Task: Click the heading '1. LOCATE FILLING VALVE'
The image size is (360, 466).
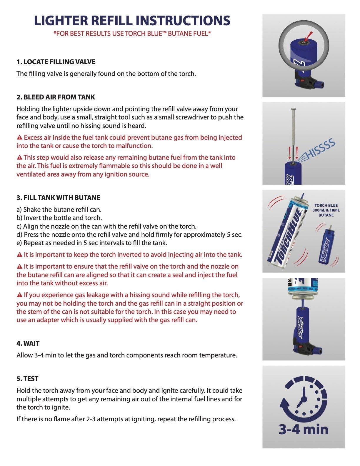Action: point(56,62)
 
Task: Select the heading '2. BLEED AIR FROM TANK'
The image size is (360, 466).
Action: point(56,97)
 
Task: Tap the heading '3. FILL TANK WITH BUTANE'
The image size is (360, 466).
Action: point(58,198)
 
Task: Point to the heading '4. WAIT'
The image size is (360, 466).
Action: point(28,343)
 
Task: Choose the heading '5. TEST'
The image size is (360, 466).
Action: point(27,379)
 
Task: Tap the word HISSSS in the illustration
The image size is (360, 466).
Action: point(321,149)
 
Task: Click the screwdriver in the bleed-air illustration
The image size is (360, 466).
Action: point(293,132)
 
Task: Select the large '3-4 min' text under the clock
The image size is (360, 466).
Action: point(304,429)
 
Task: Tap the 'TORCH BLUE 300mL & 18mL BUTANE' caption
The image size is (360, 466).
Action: point(326,210)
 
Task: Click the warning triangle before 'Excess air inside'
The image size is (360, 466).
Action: point(19,137)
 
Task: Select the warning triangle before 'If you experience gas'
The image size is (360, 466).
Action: point(19,295)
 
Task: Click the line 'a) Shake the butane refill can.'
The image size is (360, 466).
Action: point(59,210)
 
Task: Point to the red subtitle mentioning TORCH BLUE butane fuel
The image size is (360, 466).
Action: point(132,34)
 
